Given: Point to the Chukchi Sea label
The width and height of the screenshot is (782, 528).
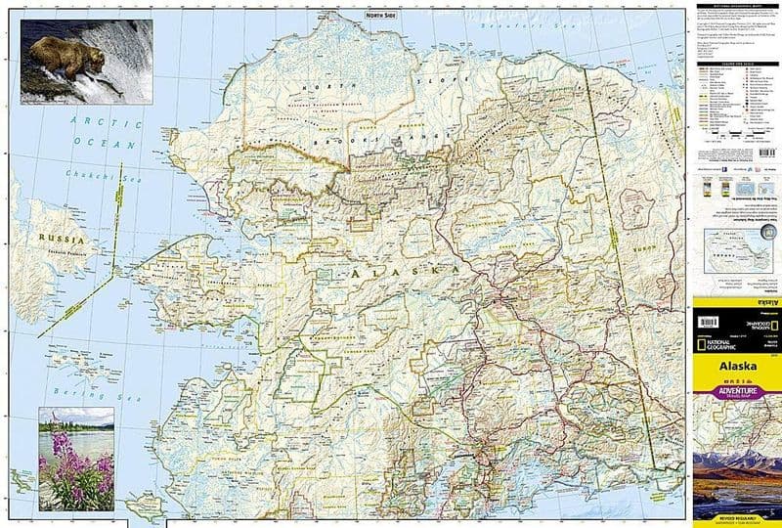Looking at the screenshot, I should pyautogui.click(x=95, y=176).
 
